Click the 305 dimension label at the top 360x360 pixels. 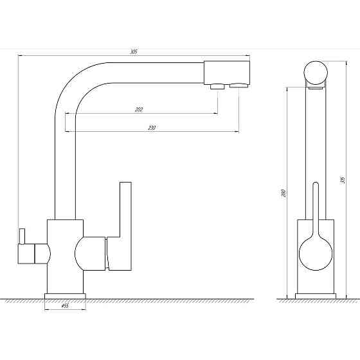133,51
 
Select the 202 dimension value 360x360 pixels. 139,109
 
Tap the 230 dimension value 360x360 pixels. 152,128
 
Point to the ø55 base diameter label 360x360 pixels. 65,306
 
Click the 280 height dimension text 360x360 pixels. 283,192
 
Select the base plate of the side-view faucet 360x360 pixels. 65,296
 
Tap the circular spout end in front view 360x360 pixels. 316,71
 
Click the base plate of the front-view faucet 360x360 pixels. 315,296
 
